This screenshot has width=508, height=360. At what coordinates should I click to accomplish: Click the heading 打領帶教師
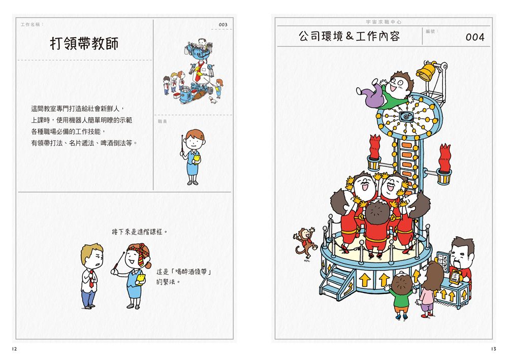pyautogui.click(x=84, y=43)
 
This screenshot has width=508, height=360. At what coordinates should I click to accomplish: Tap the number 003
pyautogui.click(x=223, y=24)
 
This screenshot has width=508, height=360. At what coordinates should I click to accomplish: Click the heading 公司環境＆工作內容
pyautogui.click(x=349, y=36)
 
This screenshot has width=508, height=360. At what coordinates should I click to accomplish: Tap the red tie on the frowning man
pyautogui.click(x=91, y=281)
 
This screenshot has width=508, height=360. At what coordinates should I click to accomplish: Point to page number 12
pyautogui.click(x=15, y=349)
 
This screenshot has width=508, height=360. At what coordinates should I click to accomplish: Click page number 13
pyautogui.click(x=493, y=349)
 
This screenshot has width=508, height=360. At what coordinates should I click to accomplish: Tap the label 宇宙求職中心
pyautogui.click(x=384, y=22)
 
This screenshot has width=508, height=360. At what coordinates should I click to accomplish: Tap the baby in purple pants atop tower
pyautogui.click(x=387, y=88)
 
